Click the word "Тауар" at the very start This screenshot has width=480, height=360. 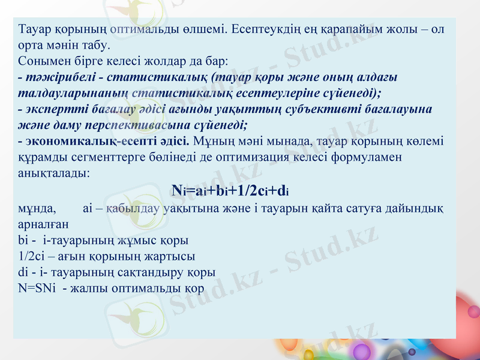tap(33, 29)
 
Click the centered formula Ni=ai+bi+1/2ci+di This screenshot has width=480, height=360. tap(230, 191)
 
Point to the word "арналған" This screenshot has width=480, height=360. tap(43, 224)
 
